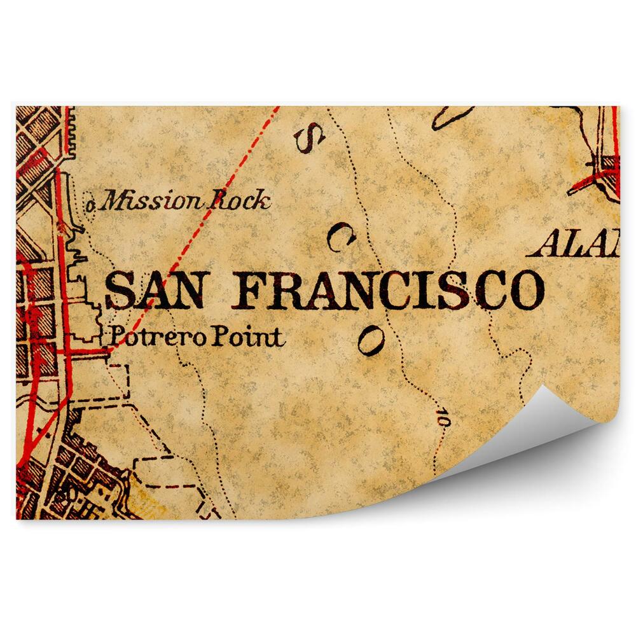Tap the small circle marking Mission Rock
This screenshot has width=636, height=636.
pos(91,205)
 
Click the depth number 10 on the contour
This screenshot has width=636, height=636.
pos(442,418)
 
